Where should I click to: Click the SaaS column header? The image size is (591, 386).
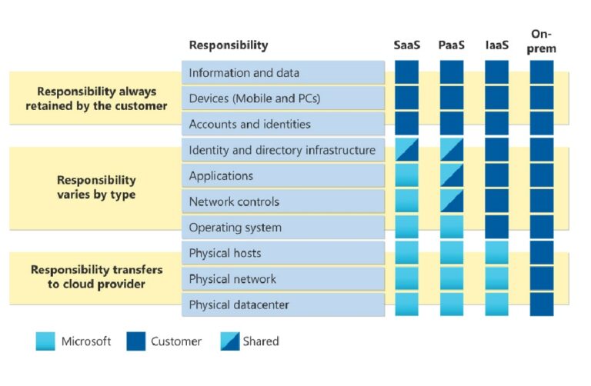(x=406, y=45)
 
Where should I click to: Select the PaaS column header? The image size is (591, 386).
(x=452, y=45)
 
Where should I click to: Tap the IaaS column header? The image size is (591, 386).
(x=497, y=45)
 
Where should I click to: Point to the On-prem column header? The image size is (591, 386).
(x=542, y=41)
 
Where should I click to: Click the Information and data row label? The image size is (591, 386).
(x=244, y=73)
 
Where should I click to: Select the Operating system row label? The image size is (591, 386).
(x=235, y=228)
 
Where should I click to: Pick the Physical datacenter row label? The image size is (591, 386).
(x=239, y=304)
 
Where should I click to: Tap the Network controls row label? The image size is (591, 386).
(x=234, y=201)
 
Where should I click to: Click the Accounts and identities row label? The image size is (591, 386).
(x=249, y=124)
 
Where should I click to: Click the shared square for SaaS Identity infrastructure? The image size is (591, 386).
(x=406, y=150)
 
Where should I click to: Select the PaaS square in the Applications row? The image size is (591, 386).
(x=452, y=175)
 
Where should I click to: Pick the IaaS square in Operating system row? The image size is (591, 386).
(x=497, y=227)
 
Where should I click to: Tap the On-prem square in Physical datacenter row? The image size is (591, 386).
(x=542, y=304)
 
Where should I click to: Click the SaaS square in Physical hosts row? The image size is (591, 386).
(x=406, y=253)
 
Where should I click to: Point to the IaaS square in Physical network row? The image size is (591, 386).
(x=497, y=278)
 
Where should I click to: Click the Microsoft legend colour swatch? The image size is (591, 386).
(x=45, y=341)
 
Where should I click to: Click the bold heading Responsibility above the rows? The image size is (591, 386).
(x=229, y=45)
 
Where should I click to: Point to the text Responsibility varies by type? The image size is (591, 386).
(x=96, y=188)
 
